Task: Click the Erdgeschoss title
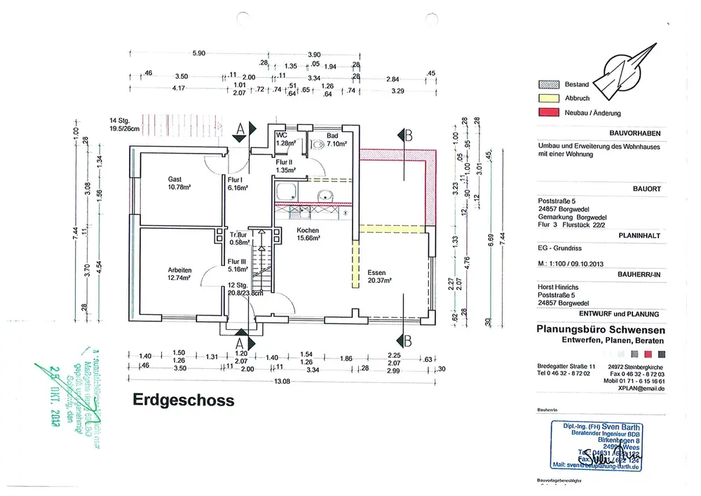184,401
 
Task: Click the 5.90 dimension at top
198,54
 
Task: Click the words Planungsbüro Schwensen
601,330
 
